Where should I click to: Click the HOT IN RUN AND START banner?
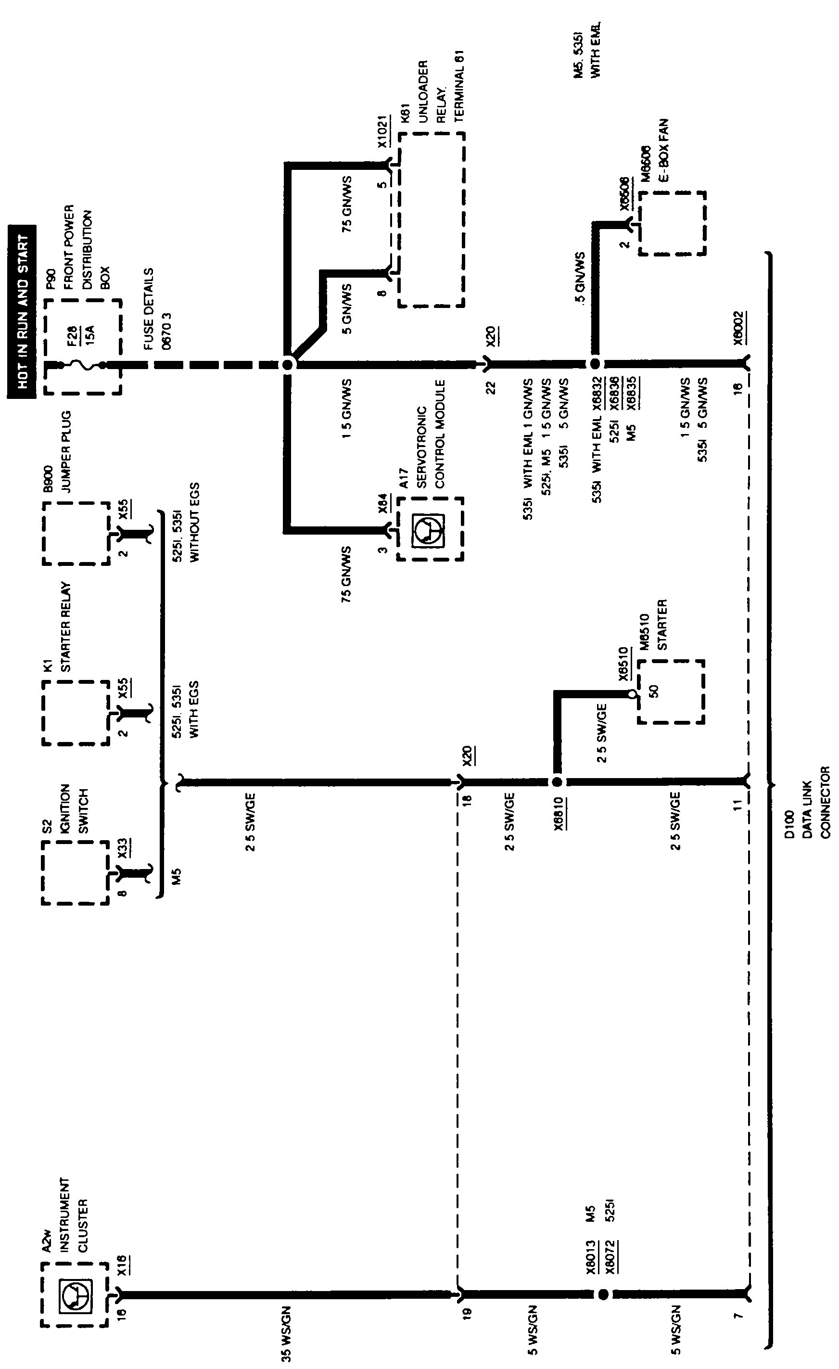tap(22, 312)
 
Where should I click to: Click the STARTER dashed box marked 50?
tap(671, 692)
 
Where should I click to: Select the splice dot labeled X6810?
tap(557, 782)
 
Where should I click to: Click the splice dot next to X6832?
tap(595, 364)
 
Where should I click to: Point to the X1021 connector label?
tap(382, 132)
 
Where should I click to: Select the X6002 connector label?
tap(738, 328)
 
